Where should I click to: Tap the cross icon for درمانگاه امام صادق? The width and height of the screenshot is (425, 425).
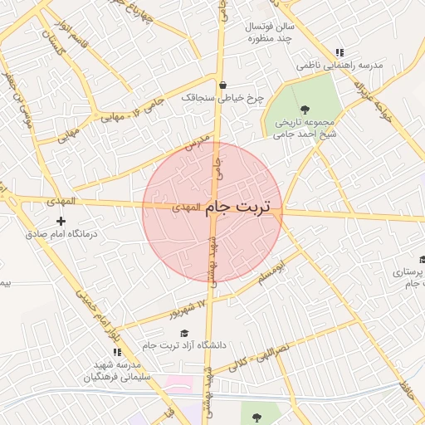pos(61,221)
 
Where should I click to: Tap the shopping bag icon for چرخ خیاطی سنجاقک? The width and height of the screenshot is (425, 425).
pos(223,85)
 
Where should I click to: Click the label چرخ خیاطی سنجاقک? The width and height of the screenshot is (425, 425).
pos(222,98)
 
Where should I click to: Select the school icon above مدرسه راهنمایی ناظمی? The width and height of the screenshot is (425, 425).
pos(340,51)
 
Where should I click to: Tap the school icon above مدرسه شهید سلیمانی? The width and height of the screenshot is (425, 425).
pos(105,352)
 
